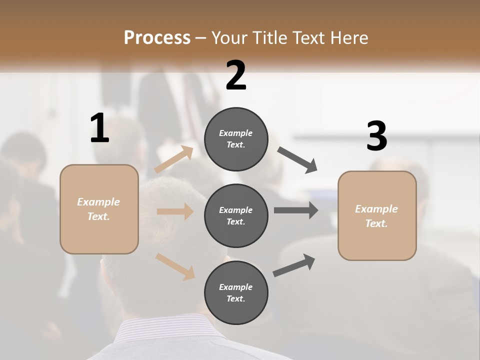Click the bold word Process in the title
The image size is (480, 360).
[157, 37]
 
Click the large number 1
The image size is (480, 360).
[99, 128]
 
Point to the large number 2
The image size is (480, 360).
[236, 75]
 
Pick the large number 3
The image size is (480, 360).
[376, 137]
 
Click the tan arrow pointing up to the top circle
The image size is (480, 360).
[173, 159]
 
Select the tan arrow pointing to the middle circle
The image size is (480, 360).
[175, 211]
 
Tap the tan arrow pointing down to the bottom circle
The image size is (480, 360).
[175, 266]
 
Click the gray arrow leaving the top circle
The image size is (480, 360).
[297, 160]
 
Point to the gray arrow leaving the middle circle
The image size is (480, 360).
[296, 210]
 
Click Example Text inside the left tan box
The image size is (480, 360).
[98, 209]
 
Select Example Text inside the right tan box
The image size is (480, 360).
[376, 216]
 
